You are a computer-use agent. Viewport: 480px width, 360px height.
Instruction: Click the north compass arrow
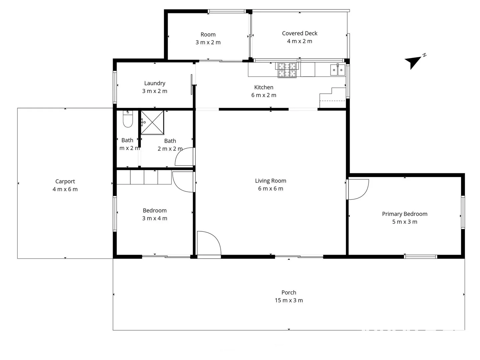pos(413,61)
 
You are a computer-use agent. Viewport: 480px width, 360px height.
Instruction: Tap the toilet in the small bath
pos(128,120)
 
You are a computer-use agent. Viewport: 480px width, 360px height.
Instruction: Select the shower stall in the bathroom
pos(152,123)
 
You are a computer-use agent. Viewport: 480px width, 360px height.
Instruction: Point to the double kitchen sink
pos(337,70)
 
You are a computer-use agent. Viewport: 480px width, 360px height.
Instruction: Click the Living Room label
pos(270,181)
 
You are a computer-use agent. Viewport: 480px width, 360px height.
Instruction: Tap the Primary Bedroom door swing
pos(358,189)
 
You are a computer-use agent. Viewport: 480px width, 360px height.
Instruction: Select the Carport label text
pos(65,181)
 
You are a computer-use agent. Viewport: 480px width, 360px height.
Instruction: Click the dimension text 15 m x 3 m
pos(289,300)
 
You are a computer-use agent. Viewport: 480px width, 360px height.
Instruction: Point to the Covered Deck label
pos(299,33)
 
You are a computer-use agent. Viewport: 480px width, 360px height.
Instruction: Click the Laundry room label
pos(155,83)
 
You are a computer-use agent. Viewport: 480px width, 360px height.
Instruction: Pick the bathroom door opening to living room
pos(185,157)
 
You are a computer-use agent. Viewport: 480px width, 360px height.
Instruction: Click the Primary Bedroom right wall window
pos(463,212)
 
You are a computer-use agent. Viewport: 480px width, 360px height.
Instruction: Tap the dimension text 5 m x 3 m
pos(404,222)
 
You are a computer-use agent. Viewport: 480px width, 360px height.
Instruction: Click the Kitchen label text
pos(264,87)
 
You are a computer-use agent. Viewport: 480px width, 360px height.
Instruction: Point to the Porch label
pos(289,292)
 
